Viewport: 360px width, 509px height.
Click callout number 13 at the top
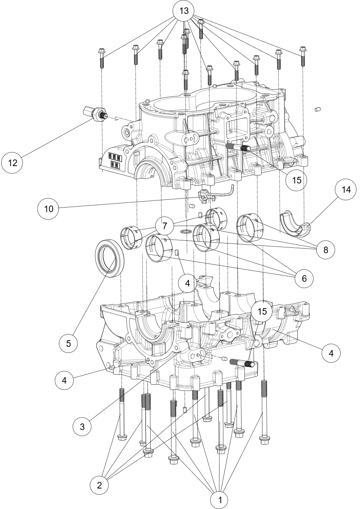click(x=184, y=11)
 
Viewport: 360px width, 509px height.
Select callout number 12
click(x=12, y=163)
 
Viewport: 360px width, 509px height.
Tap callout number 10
click(x=48, y=209)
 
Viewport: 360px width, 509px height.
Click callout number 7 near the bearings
click(x=165, y=226)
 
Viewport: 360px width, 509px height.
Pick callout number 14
click(x=346, y=190)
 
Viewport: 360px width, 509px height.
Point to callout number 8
click(x=326, y=250)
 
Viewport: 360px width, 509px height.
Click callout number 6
click(x=304, y=279)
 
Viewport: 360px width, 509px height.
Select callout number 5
click(x=69, y=343)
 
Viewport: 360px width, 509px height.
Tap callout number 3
click(x=82, y=427)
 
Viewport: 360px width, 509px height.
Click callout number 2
click(x=99, y=485)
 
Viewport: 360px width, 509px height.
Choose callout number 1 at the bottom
click(x=220, y=500)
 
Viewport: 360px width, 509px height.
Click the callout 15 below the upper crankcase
click(x=297, y=180)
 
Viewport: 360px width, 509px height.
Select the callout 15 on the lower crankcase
click(x=262, y=312)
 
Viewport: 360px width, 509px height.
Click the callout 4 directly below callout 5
click(x=64, y=380)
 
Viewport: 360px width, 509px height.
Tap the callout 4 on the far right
click(x=331, y=353)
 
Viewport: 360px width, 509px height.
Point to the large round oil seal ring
click(x=110, y=258)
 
